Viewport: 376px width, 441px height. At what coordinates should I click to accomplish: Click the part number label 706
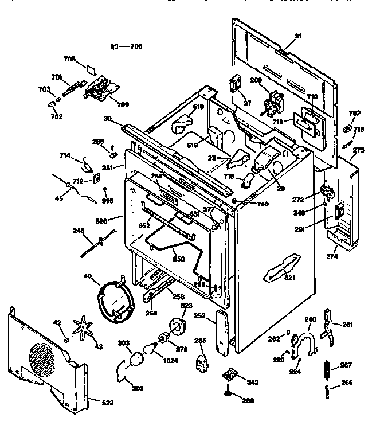[x=136, y=46]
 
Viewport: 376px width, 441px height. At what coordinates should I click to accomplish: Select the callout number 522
[x=107, y=403]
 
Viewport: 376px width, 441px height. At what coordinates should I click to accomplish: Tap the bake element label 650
[x=179, y=259]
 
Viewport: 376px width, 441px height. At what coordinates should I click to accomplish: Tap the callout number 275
[x=358, y=150]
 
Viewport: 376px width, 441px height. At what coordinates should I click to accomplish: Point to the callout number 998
[x=108, y=201]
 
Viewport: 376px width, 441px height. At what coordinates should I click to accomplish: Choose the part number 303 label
[x=123, y=343]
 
